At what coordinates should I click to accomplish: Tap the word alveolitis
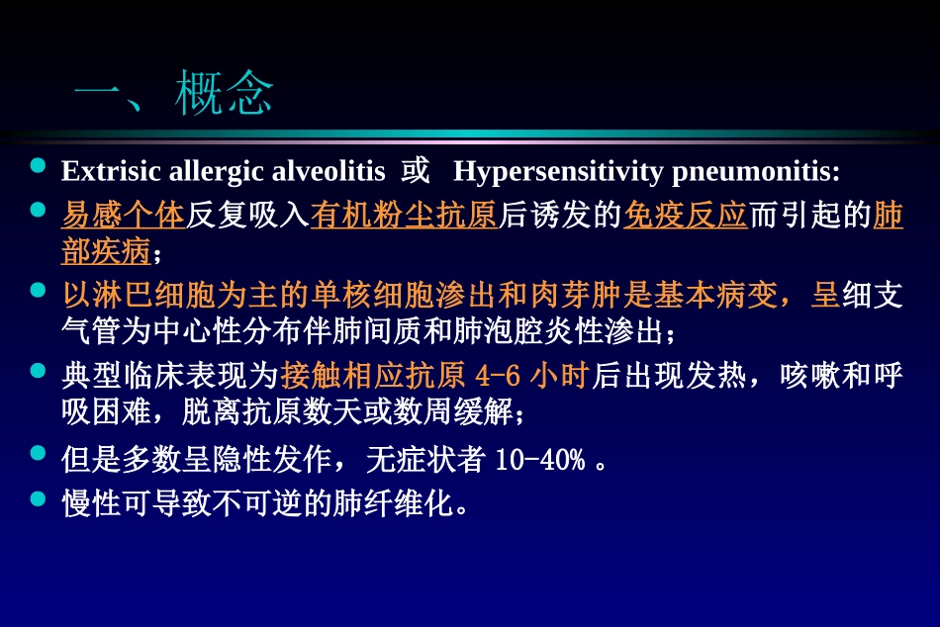329,171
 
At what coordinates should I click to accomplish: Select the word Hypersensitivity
557,171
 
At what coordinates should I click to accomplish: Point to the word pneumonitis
755,171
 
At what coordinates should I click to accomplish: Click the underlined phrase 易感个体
123,216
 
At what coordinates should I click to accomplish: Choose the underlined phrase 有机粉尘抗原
403,216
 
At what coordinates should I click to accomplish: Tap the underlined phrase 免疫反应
685,216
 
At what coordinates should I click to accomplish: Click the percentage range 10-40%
538,460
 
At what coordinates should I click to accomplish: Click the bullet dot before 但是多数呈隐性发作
39,453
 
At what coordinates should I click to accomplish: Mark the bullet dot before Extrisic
39,165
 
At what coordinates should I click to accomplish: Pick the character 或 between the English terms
415,171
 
